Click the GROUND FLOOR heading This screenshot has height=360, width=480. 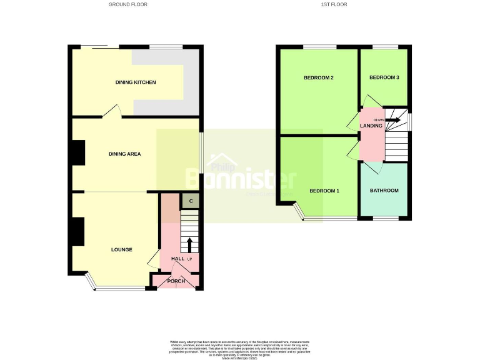point(128,4)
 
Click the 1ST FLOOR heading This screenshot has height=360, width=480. point(334,4)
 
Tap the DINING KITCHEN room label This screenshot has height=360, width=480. point(136,82)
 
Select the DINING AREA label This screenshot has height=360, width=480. point(124,154)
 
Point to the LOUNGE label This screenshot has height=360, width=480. point(122,250)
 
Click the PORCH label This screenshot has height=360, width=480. point(176,281)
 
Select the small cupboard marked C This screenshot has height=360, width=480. point(190,201)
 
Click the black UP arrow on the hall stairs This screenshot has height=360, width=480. point(190,244)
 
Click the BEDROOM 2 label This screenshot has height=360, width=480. point(318,78)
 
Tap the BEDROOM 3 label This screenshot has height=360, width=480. point(384,77)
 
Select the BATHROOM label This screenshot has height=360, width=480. point(384,191)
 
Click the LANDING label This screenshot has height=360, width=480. point(371,126)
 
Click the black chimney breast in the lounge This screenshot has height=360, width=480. point(77,231)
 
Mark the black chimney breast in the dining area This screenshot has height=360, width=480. point(77,153)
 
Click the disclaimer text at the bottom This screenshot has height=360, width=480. point(240,349)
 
